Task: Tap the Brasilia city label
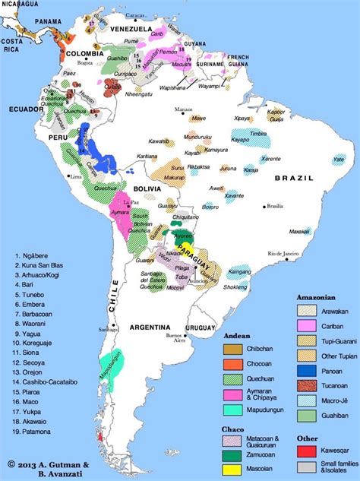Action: (x=274, y=206)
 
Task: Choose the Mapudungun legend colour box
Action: (x=232, y=410)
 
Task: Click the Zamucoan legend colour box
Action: (x=232, y=455)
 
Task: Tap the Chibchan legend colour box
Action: (x=232, y=349)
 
